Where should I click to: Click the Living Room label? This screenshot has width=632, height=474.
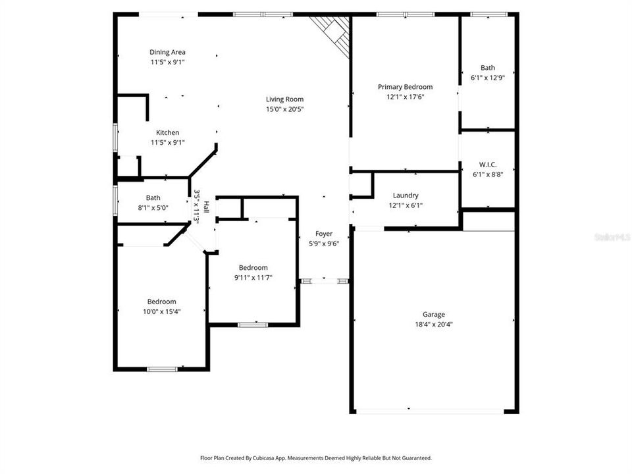click(284, 99)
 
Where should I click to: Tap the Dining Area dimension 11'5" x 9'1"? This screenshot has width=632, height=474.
click(167, 62)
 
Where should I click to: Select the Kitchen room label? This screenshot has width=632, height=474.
click(168, 132)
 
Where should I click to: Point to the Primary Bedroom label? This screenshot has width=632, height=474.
click(405, 87)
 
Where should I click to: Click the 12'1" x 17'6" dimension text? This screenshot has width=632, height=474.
click(405, 97)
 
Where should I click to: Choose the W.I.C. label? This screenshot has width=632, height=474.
click(488, 165)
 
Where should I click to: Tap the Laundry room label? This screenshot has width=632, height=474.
click(406, 196)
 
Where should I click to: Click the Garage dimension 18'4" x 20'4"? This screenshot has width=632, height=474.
click(434, 325)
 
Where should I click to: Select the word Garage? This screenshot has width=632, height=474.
click(434, 315)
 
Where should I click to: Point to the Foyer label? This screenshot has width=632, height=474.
click(324, 234)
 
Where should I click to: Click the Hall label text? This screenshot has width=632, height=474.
click(206, 207)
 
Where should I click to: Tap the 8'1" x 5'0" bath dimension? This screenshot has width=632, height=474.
click(153, 208)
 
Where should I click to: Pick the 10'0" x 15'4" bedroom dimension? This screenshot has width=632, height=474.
click(162, 311)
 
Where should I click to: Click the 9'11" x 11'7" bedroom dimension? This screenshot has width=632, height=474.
click(253, 278)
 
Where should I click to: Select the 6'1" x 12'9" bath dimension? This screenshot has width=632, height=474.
click(488, 78)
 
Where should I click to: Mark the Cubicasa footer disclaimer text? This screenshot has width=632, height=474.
click(316, 458)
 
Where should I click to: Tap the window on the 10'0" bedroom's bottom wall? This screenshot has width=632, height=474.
click(162, 369)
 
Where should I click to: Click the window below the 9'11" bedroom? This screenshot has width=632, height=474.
click(253, 325)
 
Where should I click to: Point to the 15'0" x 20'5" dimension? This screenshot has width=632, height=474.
click(284, 109)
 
